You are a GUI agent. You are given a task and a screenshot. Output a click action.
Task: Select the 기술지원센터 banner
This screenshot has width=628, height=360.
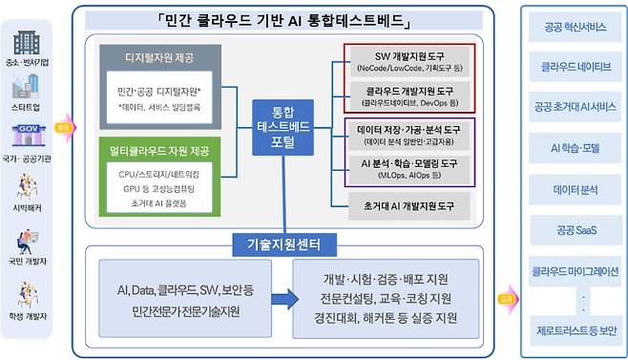pos(282,245)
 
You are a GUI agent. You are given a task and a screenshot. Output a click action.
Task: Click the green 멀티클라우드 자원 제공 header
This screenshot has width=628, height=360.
pos(159,153)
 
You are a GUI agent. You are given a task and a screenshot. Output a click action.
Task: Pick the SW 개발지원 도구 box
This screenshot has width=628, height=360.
pos(408,61)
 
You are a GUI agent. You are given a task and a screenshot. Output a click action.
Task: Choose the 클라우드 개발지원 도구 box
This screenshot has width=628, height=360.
pos(408,95)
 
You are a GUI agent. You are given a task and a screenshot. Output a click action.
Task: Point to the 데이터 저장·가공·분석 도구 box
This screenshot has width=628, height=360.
pos(408,134)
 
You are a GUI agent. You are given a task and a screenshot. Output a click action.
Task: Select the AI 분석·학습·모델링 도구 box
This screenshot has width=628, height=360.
pos(408,168)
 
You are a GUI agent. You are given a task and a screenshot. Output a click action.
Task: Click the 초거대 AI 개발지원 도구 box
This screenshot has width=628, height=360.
pos(408,205)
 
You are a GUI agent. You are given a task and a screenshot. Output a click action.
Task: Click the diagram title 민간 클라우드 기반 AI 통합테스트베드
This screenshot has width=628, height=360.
pos(283,19)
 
